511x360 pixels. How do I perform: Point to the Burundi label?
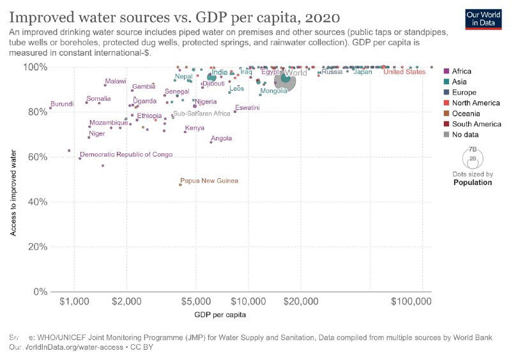(62, 103)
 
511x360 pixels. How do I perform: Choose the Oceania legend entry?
(469, 113)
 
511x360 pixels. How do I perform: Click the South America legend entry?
(477, 124)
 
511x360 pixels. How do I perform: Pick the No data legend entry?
(465, 134)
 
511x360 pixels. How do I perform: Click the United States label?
(404, 72)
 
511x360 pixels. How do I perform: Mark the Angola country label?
(221, 139)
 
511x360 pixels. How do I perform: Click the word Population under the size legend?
(472, 183)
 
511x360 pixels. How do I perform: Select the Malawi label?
(116, 81)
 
